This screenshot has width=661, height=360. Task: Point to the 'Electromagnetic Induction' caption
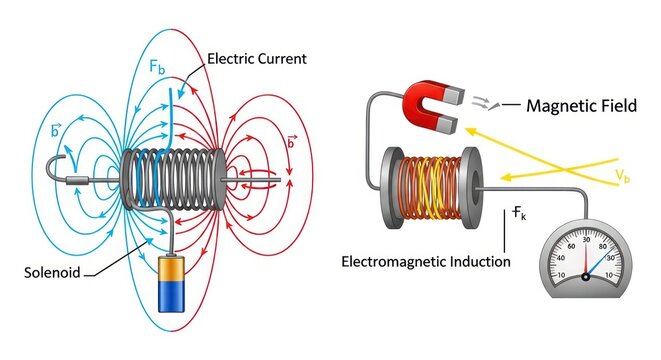[425, 262]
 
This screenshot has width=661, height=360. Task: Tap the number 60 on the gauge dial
[571, 246]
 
